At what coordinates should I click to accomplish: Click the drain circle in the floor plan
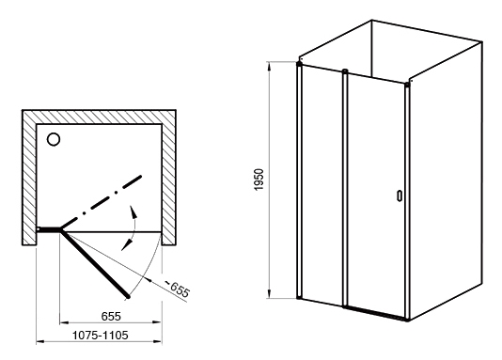point(54,139)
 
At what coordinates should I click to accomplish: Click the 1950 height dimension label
point(259,180)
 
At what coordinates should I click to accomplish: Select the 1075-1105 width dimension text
point(101,335)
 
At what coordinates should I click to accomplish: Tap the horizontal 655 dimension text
point(111,316)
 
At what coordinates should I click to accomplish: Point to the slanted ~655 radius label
point(178,288)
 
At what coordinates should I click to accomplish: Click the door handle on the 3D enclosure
point(400,196)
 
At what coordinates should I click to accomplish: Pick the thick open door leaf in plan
point(95,263)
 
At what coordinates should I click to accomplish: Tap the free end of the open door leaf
point(129,297)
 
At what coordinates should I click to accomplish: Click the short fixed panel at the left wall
point(49,229)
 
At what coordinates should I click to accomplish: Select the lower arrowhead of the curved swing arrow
point(127,245)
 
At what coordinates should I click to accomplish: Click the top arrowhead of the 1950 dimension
point(270,67)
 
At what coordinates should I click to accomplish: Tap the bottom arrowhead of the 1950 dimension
point(270,293)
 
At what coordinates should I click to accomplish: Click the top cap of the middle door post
point(345,71)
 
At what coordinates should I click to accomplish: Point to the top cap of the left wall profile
point(299,64)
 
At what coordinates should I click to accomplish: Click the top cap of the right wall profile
point(407,85)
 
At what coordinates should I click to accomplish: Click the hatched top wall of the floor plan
point(99,117)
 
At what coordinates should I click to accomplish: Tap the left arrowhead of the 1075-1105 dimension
point(39,342)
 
